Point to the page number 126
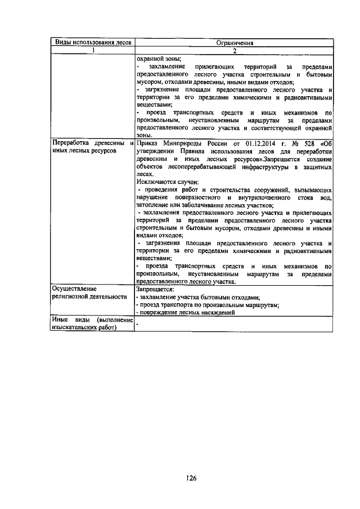click(x=191, y=479)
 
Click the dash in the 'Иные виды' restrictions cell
click(x=137, y=323)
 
